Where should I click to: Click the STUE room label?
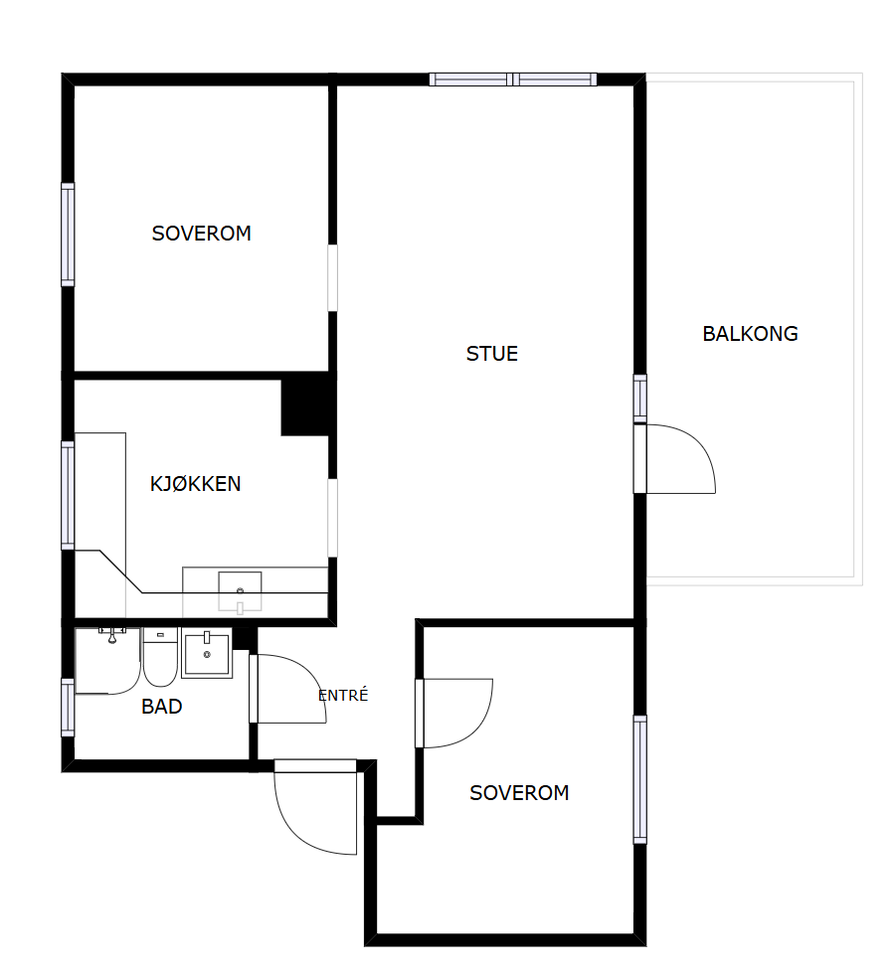coord(491,354)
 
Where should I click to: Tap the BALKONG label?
coord(750,334)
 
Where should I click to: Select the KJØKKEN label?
coord(195,484)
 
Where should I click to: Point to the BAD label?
coord(161,707)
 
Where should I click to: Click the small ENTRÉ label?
coord(343,695)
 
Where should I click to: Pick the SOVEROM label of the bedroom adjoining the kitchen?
coord(201,234)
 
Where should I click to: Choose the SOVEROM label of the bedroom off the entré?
coord(519,793)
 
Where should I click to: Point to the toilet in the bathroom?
coord(160,657)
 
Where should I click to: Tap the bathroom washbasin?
coord(207,653)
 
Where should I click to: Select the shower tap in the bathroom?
coord(112,635)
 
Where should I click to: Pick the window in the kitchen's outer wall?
coord(68,496)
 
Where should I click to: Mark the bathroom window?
coord(68,708)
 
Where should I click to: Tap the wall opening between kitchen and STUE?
coord(332,518)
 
